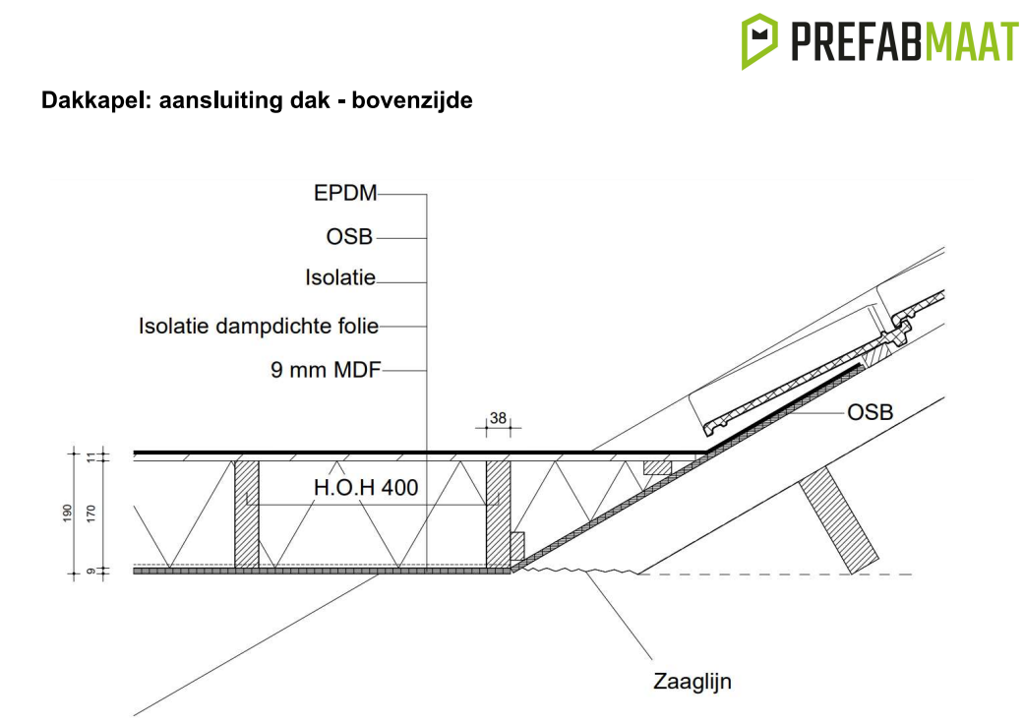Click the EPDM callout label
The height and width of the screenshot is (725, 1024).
[x=345, y=194]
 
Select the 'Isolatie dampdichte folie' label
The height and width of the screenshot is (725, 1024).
[x=258, y=326]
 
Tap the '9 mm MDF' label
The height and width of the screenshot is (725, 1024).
[x=325, y=371]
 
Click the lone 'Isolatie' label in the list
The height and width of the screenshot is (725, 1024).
[x=340, y=279]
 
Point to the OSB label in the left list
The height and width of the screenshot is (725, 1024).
[x=349, y=237]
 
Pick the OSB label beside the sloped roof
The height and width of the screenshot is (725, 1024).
[x=871, y=412]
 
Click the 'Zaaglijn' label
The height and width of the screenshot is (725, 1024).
[x=693, y=681]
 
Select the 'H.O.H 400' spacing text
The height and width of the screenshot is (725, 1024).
[x=366, y=487]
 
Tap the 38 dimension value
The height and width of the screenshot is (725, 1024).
[x=498, y=419]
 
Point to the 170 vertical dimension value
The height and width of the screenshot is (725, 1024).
[x=91, y=512]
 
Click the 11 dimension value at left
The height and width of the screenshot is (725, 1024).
[x=91, y=455]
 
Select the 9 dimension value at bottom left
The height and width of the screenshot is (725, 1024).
[x=91, y=571]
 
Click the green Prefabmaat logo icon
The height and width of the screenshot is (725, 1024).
[x=758, y=40]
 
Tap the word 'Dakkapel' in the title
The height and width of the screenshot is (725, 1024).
[x=86, y=100]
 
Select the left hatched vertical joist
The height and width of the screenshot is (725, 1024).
[x=246, y=513]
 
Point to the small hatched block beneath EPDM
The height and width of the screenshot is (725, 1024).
[x=656, y=466]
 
